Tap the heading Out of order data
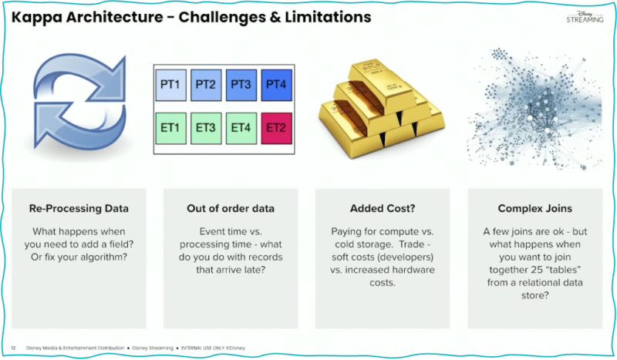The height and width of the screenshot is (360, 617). click(232, 208)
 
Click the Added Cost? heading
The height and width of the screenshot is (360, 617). click(383, 208)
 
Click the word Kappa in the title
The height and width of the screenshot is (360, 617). click(39, 16)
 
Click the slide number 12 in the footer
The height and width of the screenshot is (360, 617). click(13, 348)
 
